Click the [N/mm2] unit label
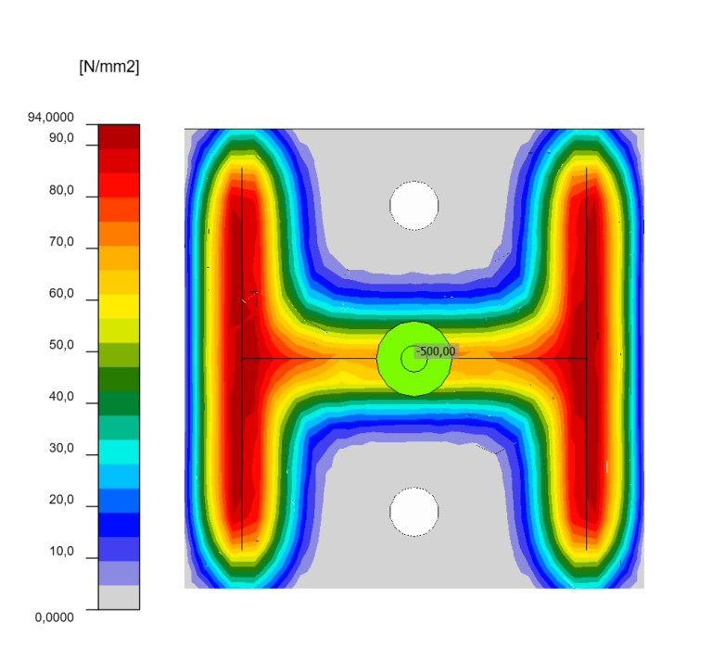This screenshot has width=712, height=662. tap(109, 67)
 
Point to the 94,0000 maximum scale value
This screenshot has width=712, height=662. tap(51, 117)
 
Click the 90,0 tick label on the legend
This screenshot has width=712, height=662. tap(62, 138)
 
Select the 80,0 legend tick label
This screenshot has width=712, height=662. tap(62, 190)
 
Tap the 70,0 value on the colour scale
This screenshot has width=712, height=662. tap(62, 242)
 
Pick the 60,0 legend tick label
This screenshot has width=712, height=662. tap(62, 293)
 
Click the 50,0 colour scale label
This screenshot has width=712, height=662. tap(62, 345)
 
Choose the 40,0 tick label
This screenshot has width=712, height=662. tap(62, 397)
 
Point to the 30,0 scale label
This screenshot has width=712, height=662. tap(62, 448)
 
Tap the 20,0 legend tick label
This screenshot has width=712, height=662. tap(62, 500)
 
